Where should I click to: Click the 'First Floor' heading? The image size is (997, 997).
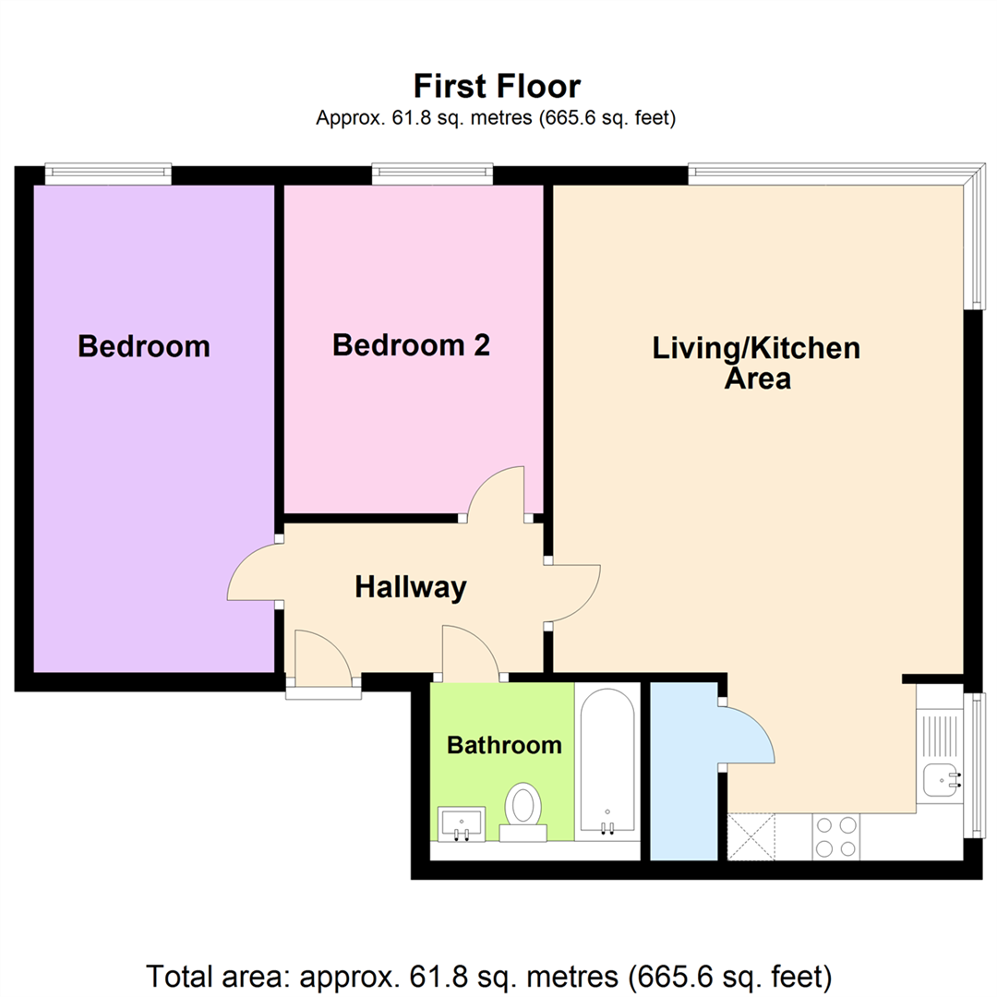click(498, 87)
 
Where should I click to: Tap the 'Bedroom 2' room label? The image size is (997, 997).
click(412, 345)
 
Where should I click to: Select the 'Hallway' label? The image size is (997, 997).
click(411, 587)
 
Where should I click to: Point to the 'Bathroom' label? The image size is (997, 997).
click(504, 745)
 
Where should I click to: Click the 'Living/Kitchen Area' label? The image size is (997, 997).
click(757, 363)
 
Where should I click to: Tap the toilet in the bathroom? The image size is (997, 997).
click(523, 812)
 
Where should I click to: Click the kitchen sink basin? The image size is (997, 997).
click(941, 779)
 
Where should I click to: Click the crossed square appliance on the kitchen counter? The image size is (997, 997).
click(751, 836)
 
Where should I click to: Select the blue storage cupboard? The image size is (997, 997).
click(684, 771)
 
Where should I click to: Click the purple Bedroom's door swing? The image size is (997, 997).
click(253, 571)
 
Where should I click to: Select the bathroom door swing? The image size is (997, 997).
click(472, 652)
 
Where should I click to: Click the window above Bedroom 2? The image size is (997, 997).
click(432, 173)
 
